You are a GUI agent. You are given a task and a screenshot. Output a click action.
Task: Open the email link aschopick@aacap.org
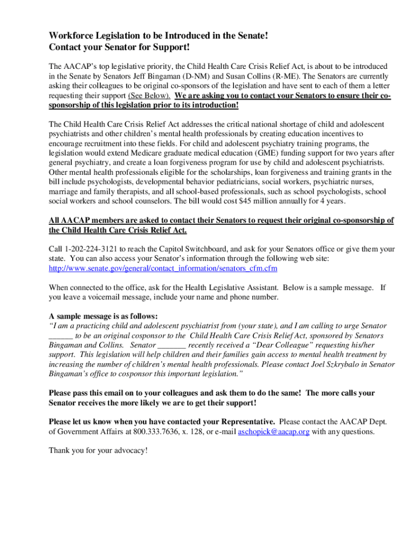coord(273,432)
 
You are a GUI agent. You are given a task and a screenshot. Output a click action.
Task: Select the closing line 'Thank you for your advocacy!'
coord(98,450)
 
